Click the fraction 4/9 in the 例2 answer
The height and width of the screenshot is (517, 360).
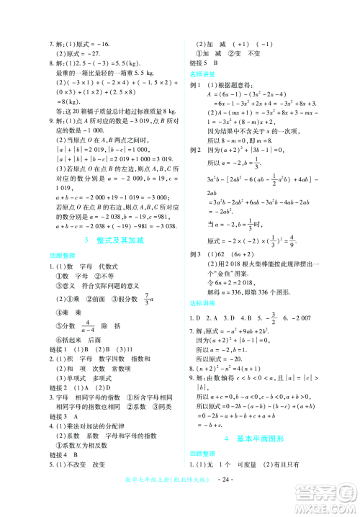point(301,242)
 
